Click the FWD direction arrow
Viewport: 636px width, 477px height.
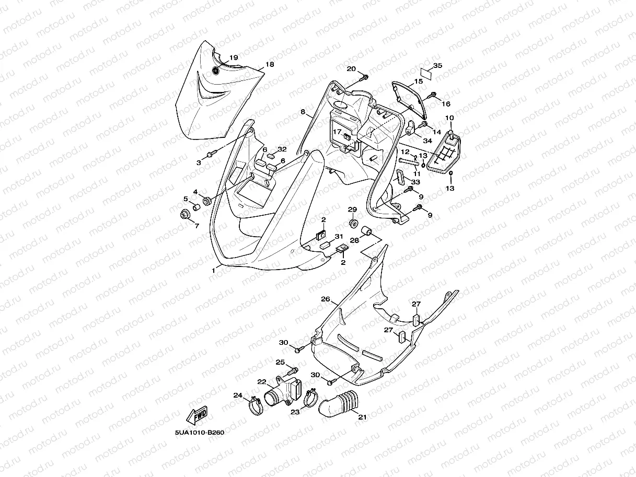pyautogui.click(x=196, y=415)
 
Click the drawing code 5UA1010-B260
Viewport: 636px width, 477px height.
pyautogui.click(x=199, y=433)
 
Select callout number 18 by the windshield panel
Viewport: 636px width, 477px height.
pyautogui.click(x=270, y=64)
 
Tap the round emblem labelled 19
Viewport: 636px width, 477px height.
pyautogui.click(x=217, y=71)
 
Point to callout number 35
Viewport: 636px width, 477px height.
pyautogui.click(x=437, y=65)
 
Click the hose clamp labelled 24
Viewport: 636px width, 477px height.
pyautogui.click(x=255, y=405)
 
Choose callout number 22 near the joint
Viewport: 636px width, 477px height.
pyautogui.click(x=261, y=381)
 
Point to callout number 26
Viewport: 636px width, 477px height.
pyautogui.click(x=325, y=299)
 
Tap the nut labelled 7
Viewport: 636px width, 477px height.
pyautogui.click(x=184, y=215)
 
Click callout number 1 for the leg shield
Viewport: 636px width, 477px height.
pyautogui.click(x=213, y=271)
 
